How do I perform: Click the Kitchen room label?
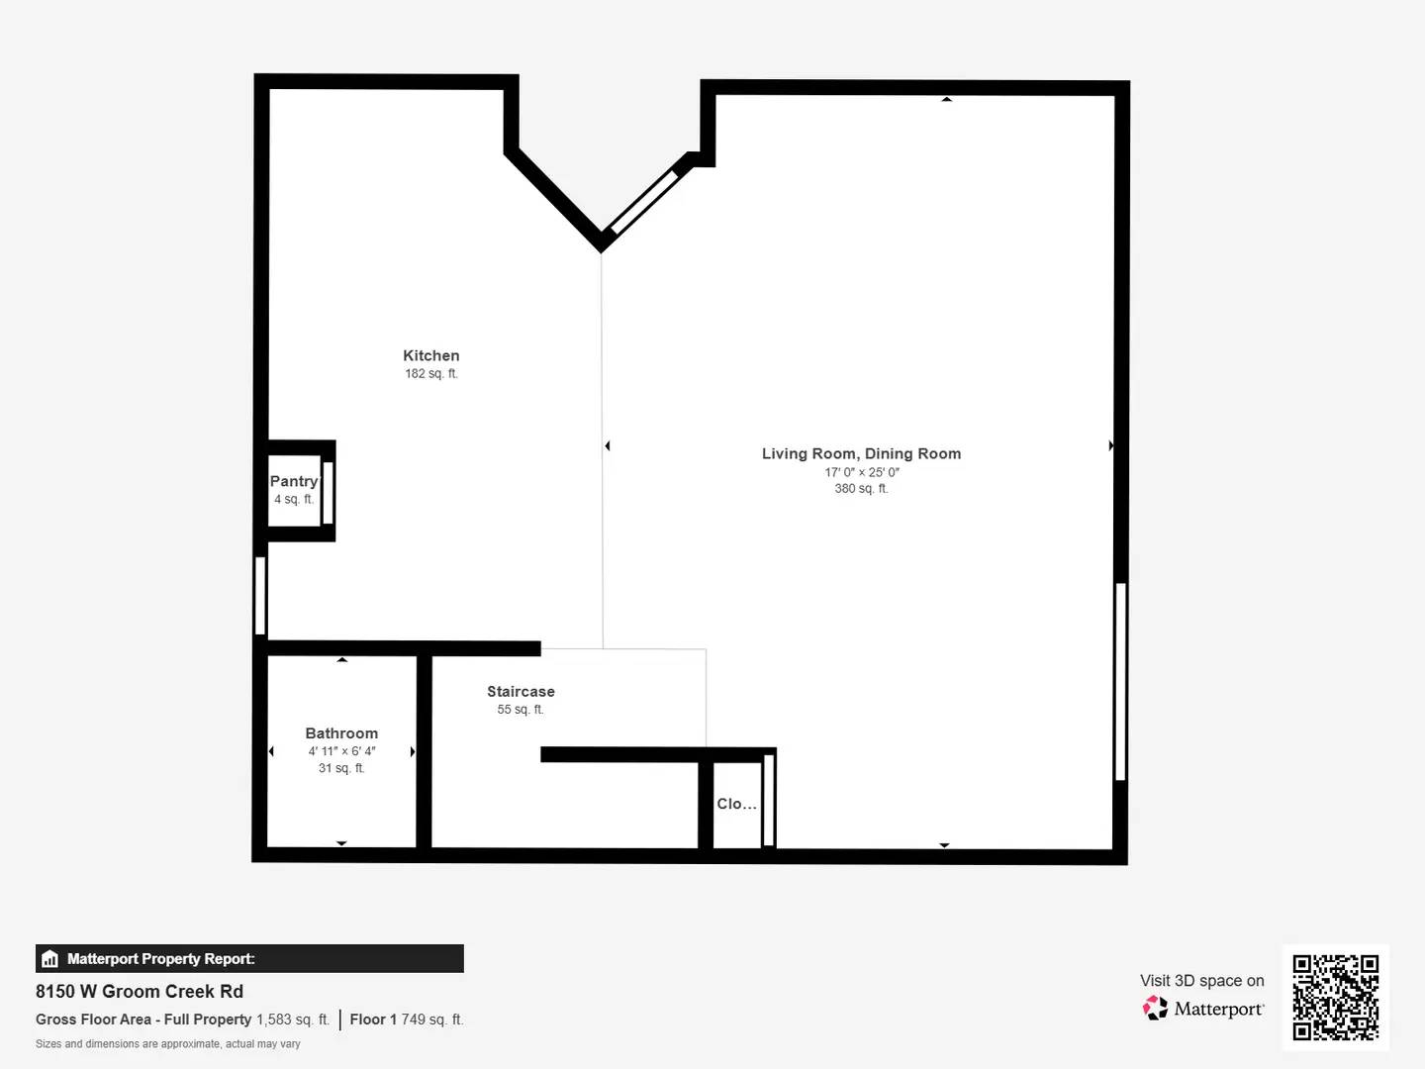[430, 355]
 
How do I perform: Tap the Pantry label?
[294, 481]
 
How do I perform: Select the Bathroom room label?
[341, 733]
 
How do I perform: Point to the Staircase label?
[521, 692]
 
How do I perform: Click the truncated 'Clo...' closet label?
[736, 804]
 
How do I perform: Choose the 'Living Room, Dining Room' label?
[861, 453]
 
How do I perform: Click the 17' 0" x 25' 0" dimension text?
[861, 472]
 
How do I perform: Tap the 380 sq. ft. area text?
[861, 489]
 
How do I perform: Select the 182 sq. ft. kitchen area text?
[430, 374]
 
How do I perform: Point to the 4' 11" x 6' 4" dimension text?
[341, 751]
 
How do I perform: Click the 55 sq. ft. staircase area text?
[521, 710]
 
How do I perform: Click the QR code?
[1335, 997]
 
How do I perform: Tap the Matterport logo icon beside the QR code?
[1155, 1009]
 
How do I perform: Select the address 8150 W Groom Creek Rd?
[140, 992]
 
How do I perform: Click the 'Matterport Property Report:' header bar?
[249, 958]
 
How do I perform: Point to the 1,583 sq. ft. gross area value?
[293, 1020]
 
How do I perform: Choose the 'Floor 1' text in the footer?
[373, 1020]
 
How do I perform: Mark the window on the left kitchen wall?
[260, 595]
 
